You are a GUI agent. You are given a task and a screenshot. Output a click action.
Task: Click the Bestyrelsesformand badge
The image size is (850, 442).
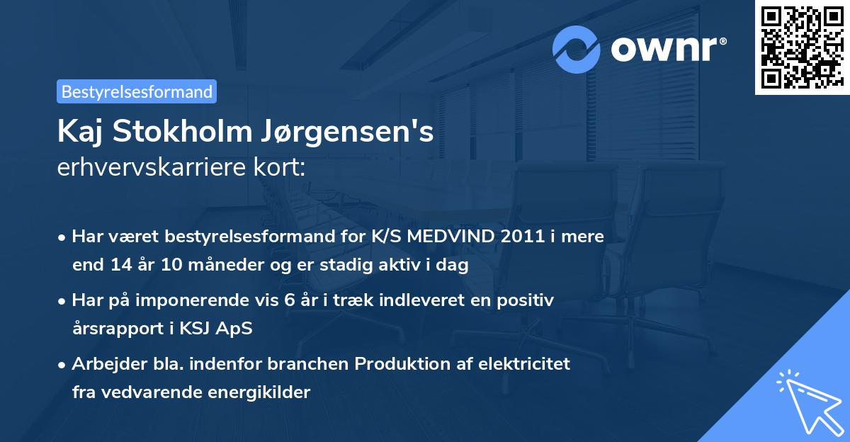137,91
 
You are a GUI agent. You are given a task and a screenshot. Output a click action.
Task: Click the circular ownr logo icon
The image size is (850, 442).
576,49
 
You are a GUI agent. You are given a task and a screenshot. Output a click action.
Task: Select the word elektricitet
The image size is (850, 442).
525,364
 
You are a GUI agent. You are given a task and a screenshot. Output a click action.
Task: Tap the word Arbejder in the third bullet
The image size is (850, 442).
103,364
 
